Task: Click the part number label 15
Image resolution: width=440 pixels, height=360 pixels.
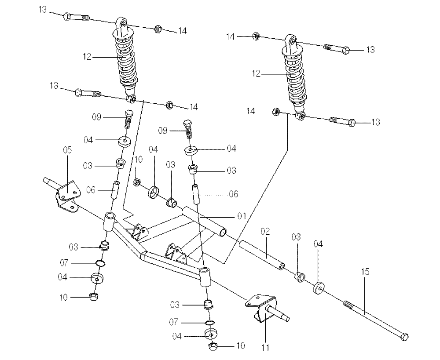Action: pos(365,272)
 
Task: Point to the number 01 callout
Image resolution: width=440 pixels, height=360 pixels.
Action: pos(241,216)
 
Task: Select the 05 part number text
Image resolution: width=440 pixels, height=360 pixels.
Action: pos(67,150)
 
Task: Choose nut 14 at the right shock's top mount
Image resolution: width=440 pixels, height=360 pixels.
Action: pos(255,36)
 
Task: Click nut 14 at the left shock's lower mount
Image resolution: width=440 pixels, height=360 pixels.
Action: pos(168,105)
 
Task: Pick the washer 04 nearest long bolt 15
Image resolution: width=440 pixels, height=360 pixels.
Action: pos(318,287)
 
